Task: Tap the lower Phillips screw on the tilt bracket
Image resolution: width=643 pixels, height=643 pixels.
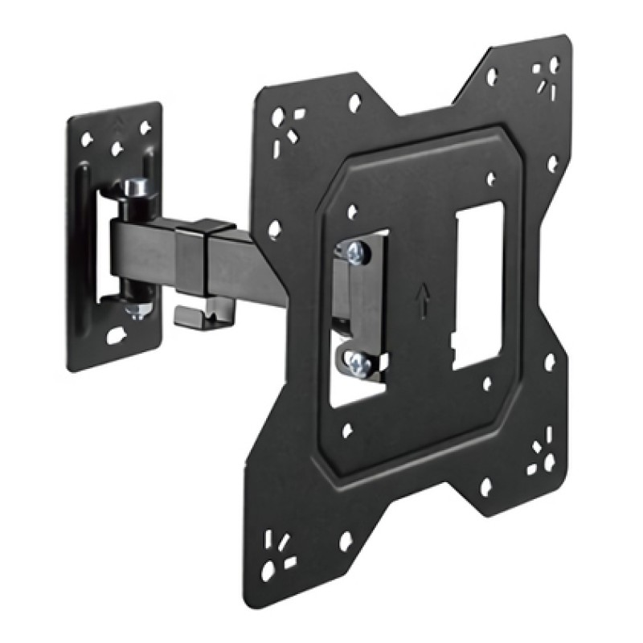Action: click(x=358, y=365)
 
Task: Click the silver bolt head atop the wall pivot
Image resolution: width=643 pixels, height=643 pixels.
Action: click(x=135, y=188)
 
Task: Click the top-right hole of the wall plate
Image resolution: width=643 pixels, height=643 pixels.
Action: click(x=145, y=127)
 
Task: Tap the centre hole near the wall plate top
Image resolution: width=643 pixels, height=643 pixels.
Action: click(x=116, y=149)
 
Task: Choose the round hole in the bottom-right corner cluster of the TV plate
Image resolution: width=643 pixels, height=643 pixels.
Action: click(x=550, y=463)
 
